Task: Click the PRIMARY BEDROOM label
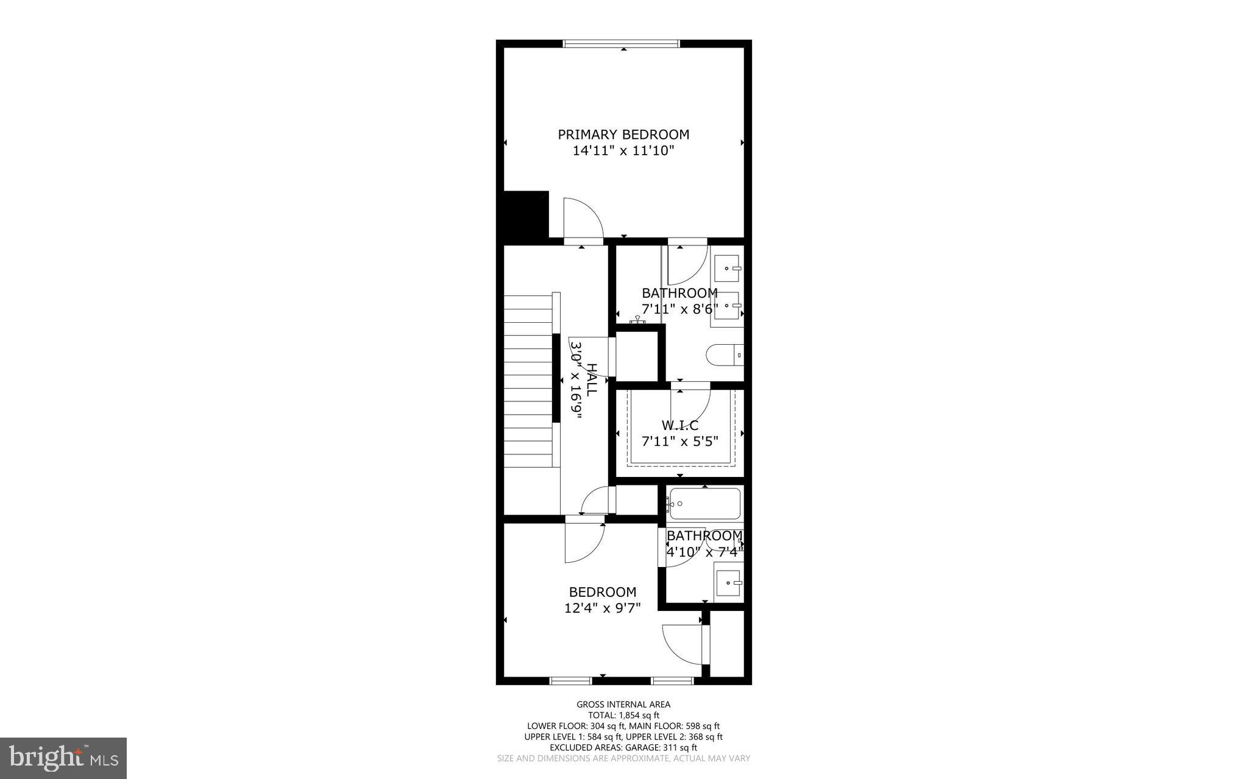[x=623, y=134]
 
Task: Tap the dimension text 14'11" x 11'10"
[x=623, y=150]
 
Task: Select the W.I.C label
[x=680, y=425]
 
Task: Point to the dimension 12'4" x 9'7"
[x=603, y=608]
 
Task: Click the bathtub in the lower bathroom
[x=704, y=503]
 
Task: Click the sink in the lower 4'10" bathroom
[x=729, y=583]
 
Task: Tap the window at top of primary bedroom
[x=621, y=43]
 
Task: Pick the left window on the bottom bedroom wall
[x=570, y=680]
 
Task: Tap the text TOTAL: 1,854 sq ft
[x=623, y=715]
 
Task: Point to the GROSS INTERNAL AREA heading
[x=623, y=705]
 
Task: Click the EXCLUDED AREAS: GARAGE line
[x=623, y=747]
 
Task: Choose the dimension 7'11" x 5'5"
[x=680, y=441]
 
